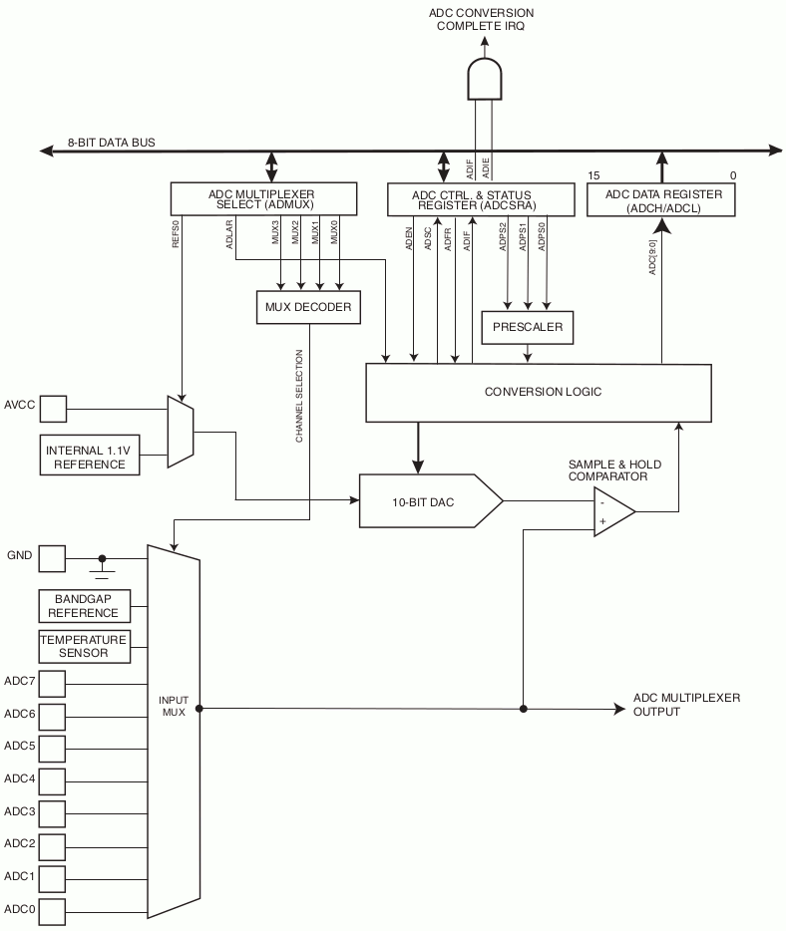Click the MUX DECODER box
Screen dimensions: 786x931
tap(308, 307)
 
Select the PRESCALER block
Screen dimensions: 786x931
tap(528, 327)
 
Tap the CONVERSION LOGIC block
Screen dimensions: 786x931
tap(539, 393)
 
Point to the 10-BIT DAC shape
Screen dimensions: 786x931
tap(431, 501)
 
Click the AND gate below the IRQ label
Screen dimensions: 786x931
tap(484, 79)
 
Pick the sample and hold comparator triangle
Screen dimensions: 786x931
tap(614, 511)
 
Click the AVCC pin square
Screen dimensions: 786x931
tap(53, 409)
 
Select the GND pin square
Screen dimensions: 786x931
tap(52, 559)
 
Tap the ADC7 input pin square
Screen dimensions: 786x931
tap(52, 684)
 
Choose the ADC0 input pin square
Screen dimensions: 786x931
tap(52, 911)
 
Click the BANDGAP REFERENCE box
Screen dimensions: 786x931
tap(85, 606)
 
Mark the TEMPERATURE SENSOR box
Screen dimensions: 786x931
tap(85, 647)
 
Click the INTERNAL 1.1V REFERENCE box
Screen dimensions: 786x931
tap(90, 456)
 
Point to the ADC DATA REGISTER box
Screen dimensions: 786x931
tap(660, 200)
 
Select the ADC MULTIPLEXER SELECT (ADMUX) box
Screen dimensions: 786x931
tap(263, 198)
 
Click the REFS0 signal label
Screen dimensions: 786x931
tap(176, 233)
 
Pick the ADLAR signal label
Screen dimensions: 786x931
tap(230, 234)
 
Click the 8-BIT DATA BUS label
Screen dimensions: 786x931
tap(111, 143)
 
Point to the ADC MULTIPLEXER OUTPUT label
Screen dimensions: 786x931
tap(686, 705)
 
